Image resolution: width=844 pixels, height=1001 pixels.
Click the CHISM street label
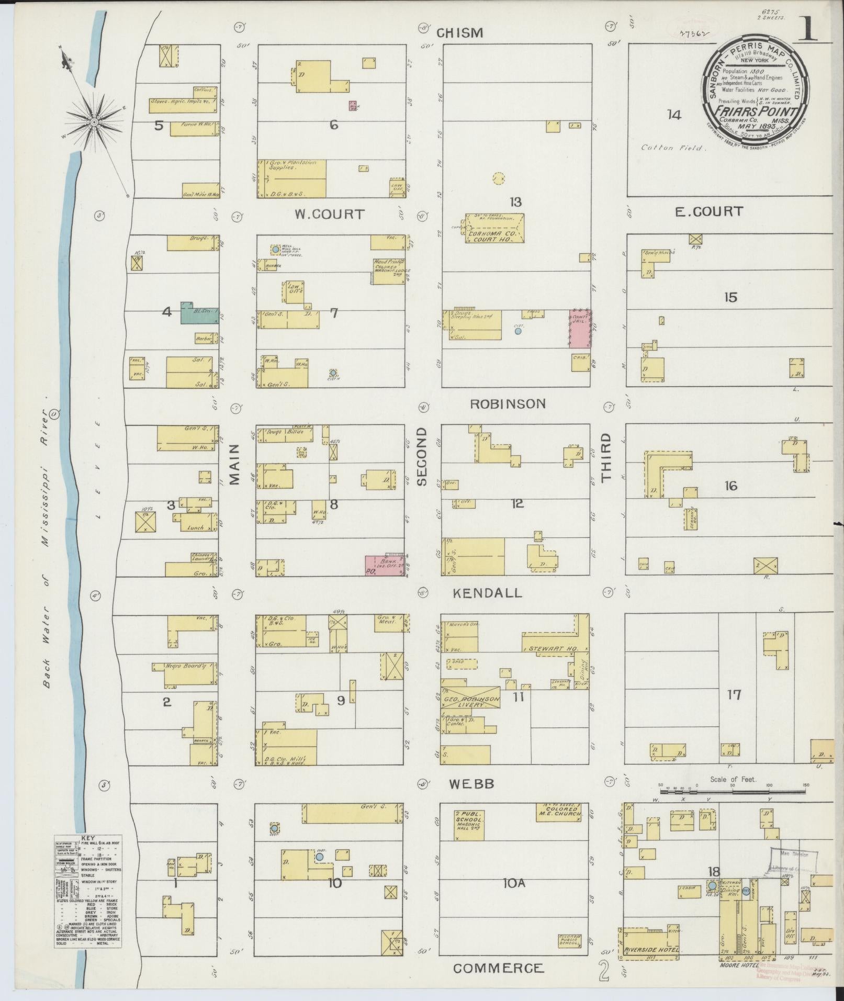459,33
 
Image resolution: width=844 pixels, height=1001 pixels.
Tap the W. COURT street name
329,215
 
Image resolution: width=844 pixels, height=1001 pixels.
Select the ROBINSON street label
508,404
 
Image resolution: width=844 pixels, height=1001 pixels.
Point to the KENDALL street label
487,593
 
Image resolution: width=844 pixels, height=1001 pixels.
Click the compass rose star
94,122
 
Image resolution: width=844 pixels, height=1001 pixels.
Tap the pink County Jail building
580,329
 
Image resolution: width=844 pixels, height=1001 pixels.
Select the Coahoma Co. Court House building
494,229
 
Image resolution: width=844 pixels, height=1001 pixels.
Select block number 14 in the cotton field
674,115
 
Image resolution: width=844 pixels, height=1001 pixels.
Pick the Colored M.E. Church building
558,812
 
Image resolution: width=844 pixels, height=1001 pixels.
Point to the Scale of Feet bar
733,800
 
